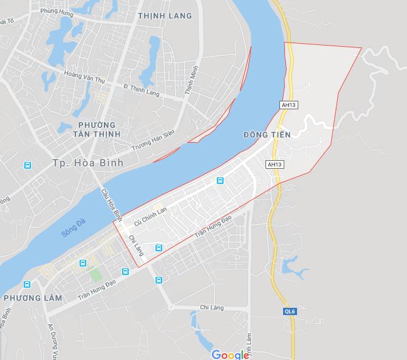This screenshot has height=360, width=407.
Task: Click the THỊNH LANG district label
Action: (x=165, y=16)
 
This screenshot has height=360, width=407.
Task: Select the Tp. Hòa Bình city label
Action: (x=87, y=163)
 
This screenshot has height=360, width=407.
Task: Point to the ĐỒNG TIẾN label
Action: (x=267, y=134)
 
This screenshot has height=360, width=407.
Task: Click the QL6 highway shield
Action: (x=290, y=311)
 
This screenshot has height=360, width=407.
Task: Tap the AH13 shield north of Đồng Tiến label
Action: (x=289, y=105)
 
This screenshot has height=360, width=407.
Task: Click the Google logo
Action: (x=230, y=354)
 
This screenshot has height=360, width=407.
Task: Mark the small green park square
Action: (x=95, y=274)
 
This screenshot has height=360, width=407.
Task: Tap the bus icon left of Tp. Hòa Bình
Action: (x=27, y=165)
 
